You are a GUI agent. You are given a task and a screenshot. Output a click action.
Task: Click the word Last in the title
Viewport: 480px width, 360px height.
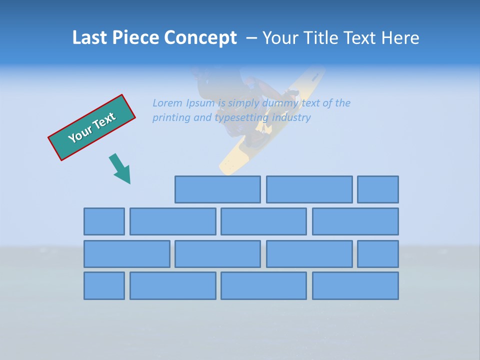90,37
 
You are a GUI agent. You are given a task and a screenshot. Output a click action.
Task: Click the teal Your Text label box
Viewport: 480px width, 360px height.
91,127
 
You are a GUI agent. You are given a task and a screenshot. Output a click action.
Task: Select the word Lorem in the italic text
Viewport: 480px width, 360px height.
167,103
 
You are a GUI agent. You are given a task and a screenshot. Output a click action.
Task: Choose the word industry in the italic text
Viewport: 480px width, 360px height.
291,118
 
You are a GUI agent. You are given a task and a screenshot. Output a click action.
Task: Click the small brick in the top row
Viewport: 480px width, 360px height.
378,189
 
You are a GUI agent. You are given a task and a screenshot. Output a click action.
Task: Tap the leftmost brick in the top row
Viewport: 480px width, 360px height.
217,189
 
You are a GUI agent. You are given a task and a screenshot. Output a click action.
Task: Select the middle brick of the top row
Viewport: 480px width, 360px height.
309,189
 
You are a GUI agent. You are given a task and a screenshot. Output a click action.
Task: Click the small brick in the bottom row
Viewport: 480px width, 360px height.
104,285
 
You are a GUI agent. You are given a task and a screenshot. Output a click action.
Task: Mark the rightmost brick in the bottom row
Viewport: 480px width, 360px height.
355,285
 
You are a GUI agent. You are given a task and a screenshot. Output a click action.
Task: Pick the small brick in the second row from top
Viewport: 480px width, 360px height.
104,221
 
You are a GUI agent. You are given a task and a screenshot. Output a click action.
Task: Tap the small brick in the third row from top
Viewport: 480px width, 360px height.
378,253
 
